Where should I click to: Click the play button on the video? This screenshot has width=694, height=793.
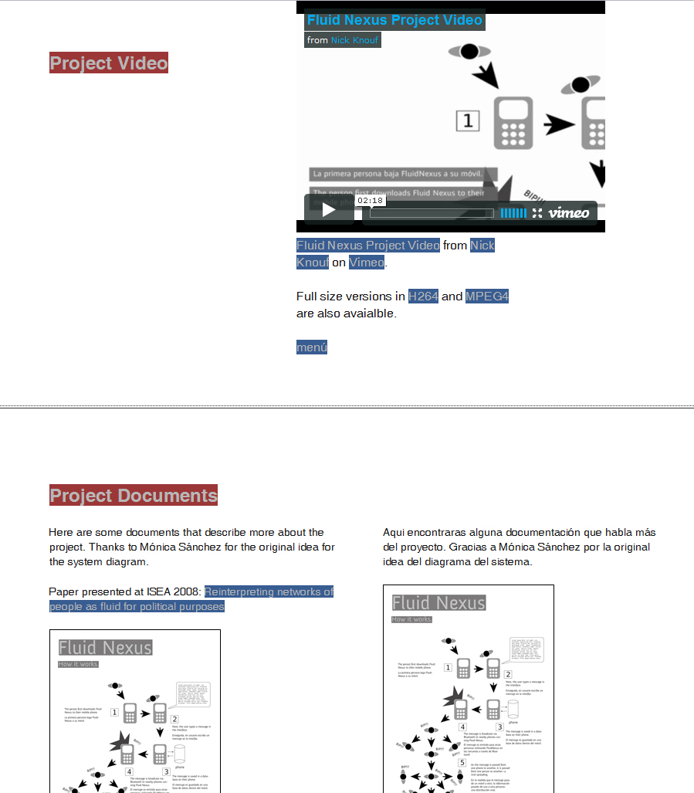(329, 209)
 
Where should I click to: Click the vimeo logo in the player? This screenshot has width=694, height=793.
(568, 212)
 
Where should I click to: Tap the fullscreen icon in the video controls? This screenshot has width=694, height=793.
(537, 212)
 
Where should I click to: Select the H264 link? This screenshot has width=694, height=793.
(423, 297)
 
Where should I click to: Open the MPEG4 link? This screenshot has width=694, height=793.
(486, 297)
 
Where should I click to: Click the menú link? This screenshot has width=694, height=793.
(312, 347)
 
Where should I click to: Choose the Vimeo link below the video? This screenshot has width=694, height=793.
(367, 263)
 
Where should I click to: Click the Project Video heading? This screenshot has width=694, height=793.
(109, 63)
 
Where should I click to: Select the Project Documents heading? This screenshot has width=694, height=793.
(134, 495)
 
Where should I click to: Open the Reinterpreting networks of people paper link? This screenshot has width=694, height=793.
(269, 592)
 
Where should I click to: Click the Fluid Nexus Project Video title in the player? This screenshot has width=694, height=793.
(394, 20)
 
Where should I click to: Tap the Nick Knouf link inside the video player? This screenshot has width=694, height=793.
(354, 40)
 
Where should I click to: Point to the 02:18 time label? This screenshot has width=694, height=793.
(371, 201)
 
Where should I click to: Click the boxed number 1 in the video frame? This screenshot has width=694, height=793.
(468, 121)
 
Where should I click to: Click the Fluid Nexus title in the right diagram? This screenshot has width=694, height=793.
(438, 602)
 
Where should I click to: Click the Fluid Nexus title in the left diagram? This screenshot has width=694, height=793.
(105, 647)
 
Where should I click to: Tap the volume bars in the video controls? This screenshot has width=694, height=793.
(513, 212)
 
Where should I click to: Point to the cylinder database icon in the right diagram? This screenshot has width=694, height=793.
(513, 710)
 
